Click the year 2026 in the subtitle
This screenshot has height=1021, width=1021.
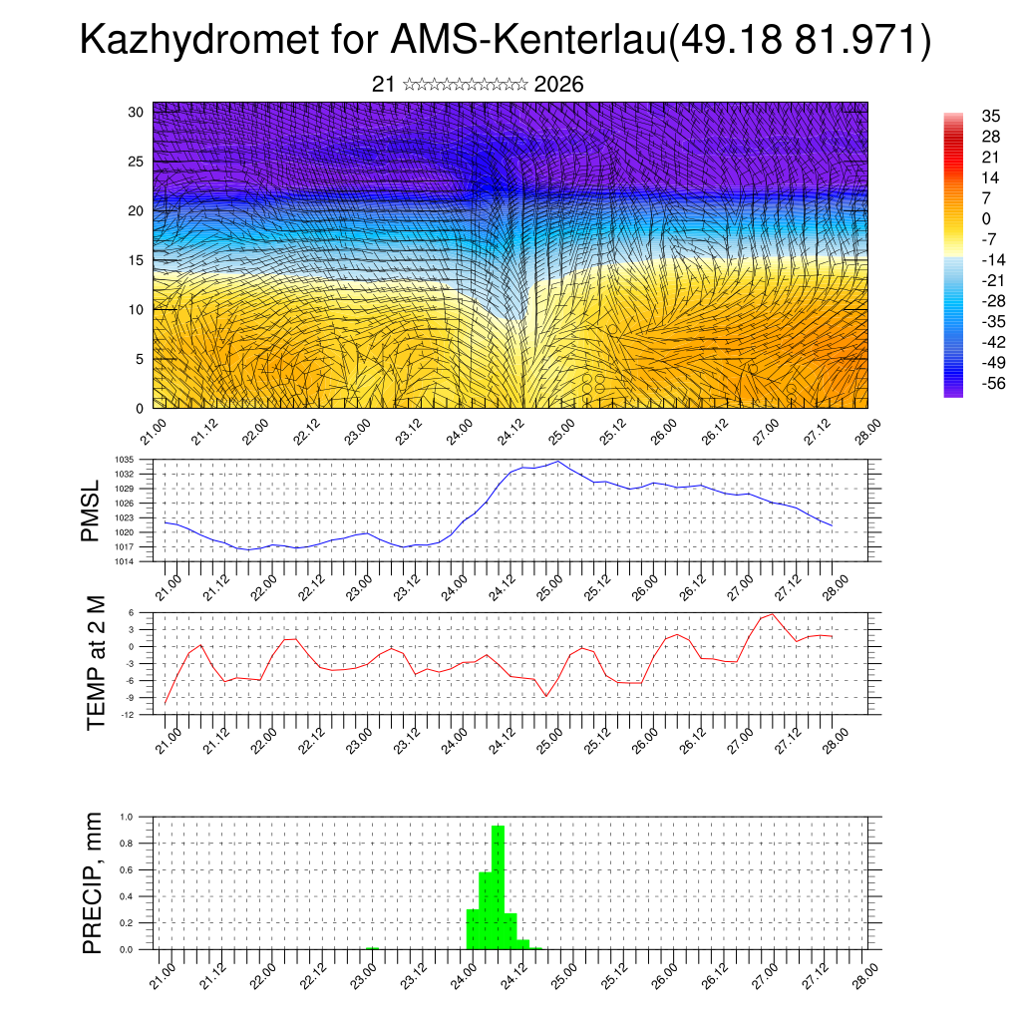pos(558,85)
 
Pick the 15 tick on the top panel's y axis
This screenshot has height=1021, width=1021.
pos(137,260)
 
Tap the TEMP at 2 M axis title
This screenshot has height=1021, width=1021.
pos(96,662)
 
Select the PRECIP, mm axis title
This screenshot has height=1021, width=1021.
pos(93,882)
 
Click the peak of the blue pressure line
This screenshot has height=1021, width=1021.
pos(558,462)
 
